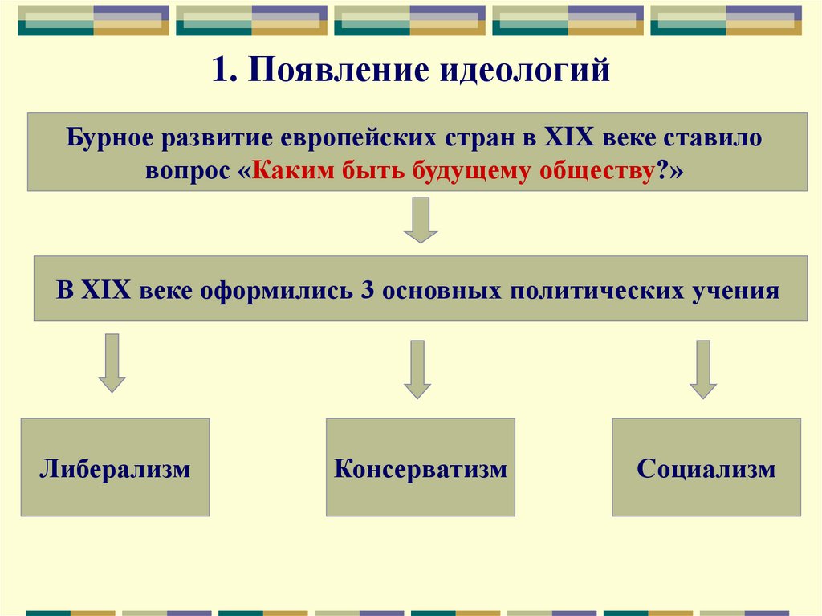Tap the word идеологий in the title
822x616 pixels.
(524, 71)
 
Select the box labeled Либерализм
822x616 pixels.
(115, 467)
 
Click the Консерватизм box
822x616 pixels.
(421, 467)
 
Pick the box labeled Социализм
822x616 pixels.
(706, 467)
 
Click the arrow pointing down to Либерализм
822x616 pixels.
(112, 362)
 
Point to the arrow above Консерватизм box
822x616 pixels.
(417, 369)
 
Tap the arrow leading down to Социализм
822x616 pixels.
(704, 369)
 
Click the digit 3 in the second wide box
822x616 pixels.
(368, 289)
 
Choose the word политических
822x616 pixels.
(596, 289)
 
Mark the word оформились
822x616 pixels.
(274, 289)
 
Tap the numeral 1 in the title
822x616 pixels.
(219, 71)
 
